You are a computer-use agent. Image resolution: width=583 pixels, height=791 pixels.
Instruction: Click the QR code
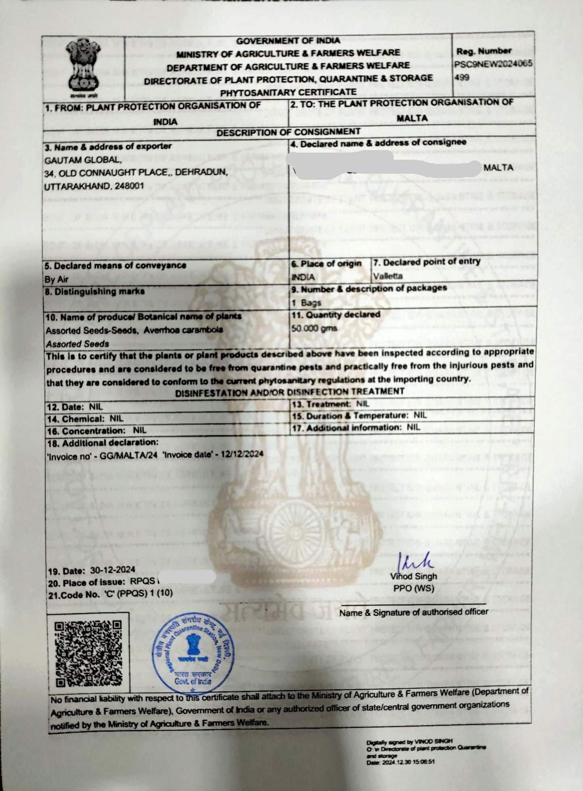pos(88,653)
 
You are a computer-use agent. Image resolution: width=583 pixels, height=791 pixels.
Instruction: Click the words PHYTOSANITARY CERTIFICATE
pos(288,92)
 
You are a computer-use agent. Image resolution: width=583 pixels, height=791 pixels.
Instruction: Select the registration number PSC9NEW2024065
pos(493,64)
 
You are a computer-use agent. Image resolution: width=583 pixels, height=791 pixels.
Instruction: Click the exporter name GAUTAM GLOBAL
pos(83,160)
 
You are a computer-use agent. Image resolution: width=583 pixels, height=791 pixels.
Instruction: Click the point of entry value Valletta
pos(388,276)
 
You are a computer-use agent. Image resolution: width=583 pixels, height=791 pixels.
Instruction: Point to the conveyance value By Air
pos(56,279)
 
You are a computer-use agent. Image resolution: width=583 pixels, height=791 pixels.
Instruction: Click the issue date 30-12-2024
pos(113,570)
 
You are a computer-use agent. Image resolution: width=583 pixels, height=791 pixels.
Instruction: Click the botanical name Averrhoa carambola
pos(183,330)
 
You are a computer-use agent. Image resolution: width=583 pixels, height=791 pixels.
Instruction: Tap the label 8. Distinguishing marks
pos(94,292)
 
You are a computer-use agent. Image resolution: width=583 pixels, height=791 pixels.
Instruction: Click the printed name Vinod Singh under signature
pos(414,577)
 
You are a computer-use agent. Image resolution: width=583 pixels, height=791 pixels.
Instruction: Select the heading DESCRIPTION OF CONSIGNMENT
pos(288,132)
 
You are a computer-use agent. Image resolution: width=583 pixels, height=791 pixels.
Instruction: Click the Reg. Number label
pos(484,51)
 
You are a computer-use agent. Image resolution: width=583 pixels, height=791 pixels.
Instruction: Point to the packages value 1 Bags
pos(306,303)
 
